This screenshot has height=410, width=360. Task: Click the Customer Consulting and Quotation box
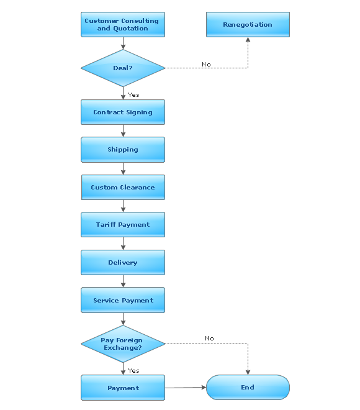pyautogui.click(x=123, y=25)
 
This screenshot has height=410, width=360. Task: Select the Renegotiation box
pyautogui.click(x=248, y=25)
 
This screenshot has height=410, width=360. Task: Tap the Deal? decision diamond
pyautogui.click(x=123, y=68)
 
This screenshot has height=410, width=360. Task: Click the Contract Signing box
pyautogui.click(x=123, y=112)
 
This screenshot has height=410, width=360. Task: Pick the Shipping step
pyautogui.click(x=123, y=150)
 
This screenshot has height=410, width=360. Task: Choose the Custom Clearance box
pyautogui.click(x=123, y=188)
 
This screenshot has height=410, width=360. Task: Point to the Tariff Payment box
pyautogui.click(x=123, y=225)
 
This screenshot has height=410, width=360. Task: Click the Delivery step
pyautogui.click(x=123, y=263)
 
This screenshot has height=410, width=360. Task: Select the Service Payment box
pyautogui.click(x=123, y=301)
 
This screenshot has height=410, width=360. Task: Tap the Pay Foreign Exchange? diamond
pyautogui.click(x=123, y=344)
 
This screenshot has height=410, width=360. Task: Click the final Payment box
pyautogui.click(x=123, y=388)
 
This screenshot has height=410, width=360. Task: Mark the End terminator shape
pyautogui.click(x=248, y=388)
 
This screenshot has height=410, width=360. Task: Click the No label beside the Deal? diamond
pyautogui.click(x=206, y=65)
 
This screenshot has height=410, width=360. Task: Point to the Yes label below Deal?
pyautogui.click(x=133, y=95)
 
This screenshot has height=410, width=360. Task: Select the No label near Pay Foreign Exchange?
pyautogui.click(x=209, y=339)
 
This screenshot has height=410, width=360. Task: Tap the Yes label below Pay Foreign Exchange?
pyautogui.click(x=133, y=371)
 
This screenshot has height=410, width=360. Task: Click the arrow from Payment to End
pyautogui.click(x=185, y=388)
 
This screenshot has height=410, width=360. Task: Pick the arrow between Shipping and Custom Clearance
pyautogui.click(x=124, y=169)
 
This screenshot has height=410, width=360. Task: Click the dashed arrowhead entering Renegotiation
pyautogui.click(x=248, y=40)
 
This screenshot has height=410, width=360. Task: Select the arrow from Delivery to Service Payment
pyautogui.click(x=124, y=281)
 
